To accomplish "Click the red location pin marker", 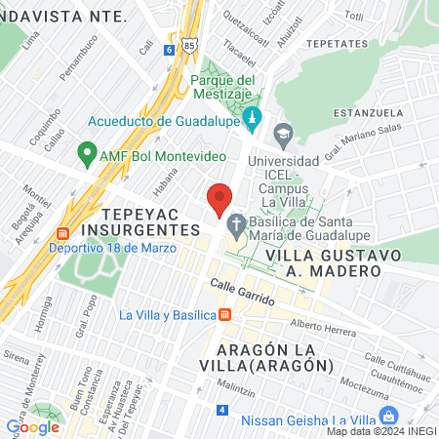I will [219, 198].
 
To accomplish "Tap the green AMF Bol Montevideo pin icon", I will [86, 155].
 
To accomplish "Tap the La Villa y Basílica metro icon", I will [225, 314].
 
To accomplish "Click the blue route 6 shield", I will [170, 49].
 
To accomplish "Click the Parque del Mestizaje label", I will [223, 88].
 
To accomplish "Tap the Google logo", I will [32, 426].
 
